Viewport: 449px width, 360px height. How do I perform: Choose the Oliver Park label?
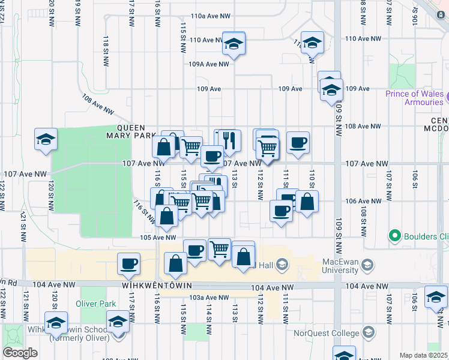(95, 304)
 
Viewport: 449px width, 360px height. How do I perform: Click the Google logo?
(20, 353)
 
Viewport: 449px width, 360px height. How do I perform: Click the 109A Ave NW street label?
(208, 64)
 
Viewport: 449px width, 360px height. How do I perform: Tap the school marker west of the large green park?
(46, 140)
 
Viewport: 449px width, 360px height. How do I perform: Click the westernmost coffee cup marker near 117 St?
(128, 263)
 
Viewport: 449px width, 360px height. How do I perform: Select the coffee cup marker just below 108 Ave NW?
(298, 143)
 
